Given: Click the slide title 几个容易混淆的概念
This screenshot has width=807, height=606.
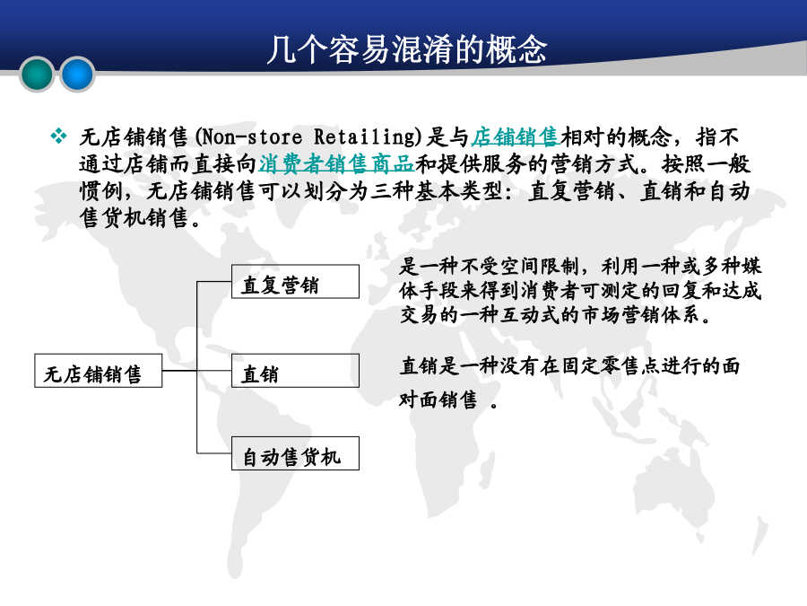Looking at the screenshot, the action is click(x=406, y=49).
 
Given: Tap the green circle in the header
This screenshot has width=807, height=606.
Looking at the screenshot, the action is click(x=37, y=75).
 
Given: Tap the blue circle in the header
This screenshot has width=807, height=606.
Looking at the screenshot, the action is click(x=77, y=75).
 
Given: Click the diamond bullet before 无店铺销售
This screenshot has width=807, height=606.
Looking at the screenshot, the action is click(x=58, y=136).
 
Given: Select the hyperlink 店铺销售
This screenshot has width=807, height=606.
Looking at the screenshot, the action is click(x=516, y=137).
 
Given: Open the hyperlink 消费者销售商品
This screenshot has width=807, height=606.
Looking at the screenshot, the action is click(x=336, y=164).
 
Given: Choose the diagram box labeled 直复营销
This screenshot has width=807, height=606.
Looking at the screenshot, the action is click(x=295, y=281).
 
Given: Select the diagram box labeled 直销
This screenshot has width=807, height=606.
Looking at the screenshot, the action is click(x=295, y=371).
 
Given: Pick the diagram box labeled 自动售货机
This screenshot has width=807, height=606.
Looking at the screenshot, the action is click(x=295, y=453).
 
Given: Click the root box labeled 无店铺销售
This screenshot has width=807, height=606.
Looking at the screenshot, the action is click(x=99, y=371).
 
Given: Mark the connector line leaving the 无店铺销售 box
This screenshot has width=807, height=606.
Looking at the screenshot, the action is click(x=179, y=371).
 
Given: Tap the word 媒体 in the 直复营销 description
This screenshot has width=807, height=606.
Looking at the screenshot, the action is click(x=751, y=278).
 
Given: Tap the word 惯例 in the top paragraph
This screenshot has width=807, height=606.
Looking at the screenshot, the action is click(x=101, y=191).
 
